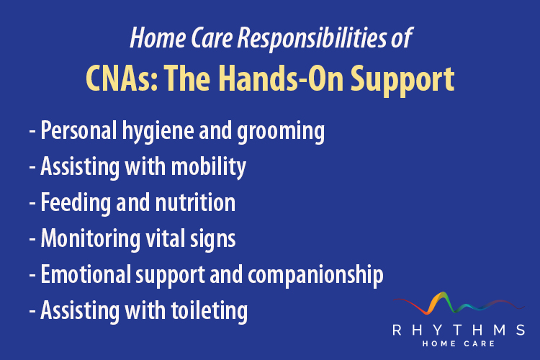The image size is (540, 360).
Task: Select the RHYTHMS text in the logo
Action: point(458,330)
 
